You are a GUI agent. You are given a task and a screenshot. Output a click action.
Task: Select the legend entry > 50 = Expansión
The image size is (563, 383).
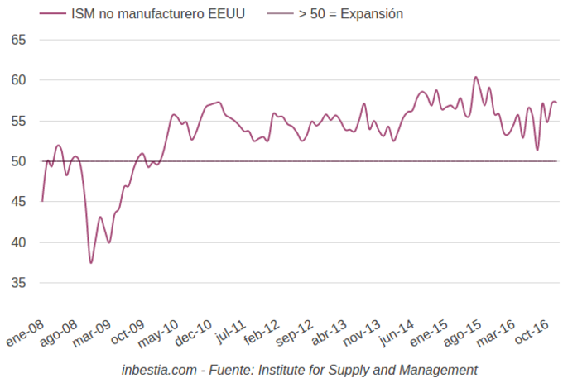(351, 14)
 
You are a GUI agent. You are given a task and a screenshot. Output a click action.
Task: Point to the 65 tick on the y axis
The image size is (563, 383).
(19, 40)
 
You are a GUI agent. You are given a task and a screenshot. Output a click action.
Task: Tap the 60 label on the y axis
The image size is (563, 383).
(19, 80)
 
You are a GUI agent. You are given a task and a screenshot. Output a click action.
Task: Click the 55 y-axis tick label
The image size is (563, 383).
(19, 121)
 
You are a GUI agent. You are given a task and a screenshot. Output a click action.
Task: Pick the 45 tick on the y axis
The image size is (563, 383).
(19, 202)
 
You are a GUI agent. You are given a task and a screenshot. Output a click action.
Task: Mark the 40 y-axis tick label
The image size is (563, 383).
(19, 242)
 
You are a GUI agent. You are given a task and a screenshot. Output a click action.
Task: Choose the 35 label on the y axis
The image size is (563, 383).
(19, 283)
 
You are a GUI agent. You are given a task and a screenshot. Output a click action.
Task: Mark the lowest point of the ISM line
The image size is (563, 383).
(91, 263)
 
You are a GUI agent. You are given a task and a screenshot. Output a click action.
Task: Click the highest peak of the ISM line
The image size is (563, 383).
(476, 77)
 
